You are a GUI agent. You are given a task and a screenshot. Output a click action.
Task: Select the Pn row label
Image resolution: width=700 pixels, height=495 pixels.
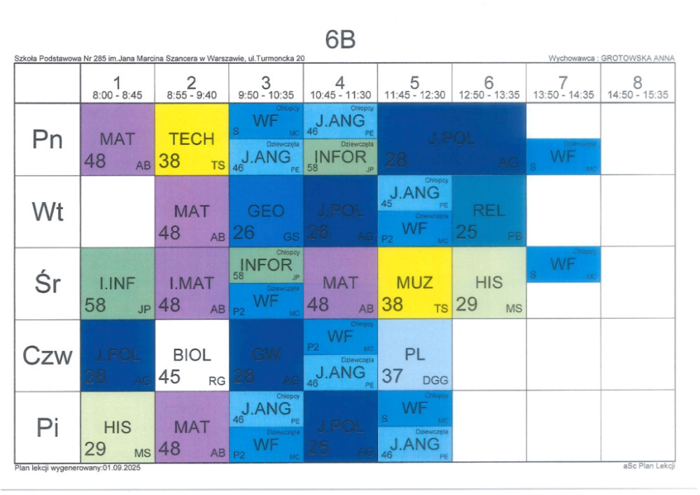48,140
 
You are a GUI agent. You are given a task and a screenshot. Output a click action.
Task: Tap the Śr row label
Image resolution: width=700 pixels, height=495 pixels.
48,284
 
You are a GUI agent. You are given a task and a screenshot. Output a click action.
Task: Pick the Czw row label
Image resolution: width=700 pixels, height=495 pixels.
48,356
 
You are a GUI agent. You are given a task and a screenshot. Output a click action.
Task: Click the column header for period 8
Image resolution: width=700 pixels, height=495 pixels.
637,88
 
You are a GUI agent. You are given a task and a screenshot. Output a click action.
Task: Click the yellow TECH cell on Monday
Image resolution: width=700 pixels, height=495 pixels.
191,140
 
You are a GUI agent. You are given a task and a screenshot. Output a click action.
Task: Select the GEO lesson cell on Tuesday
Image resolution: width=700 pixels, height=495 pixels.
266,212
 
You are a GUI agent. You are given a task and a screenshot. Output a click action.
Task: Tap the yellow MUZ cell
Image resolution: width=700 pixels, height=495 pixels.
414,284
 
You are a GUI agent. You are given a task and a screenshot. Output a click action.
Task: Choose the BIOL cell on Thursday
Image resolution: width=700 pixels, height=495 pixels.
191,356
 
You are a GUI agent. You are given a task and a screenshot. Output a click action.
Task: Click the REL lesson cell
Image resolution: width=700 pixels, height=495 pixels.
489,212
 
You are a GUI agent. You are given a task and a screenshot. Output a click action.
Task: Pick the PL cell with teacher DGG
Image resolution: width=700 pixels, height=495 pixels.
414,356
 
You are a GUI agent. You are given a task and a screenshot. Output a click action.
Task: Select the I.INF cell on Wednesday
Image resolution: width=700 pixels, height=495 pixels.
117,284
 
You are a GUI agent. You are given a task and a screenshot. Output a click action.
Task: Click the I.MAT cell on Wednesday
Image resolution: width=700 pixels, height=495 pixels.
191,284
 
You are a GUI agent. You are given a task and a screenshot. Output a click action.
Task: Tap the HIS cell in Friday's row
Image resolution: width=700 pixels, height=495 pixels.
117,427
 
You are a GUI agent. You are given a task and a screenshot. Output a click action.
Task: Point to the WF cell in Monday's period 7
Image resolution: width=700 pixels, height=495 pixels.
563,157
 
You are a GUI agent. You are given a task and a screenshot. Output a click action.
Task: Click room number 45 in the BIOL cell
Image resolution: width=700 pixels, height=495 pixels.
169,377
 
